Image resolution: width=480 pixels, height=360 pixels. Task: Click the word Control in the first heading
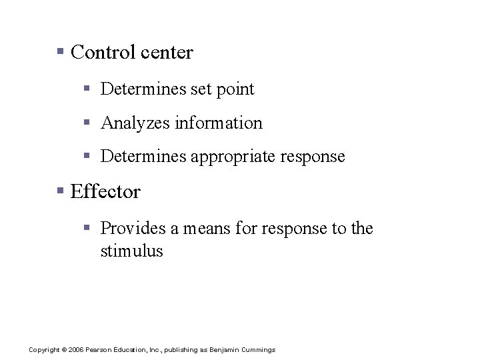click(x=101, y=52)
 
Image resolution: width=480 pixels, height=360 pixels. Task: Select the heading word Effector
click(x=105, y=192)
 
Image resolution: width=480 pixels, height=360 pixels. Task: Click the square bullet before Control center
click(x=60, y=51)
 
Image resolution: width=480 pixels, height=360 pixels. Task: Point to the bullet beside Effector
click(x=60, y=191)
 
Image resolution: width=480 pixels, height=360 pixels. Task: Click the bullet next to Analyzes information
click(x=87, y=122)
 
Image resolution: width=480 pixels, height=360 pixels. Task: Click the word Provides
click(x=133, y=228)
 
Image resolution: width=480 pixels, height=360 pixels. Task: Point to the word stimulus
click(x=131, y=251)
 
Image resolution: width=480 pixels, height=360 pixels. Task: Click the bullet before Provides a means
click(x=87, y=227)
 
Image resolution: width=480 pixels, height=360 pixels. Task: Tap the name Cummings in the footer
click(x=259, y=350)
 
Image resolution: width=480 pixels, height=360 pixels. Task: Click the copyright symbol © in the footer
click(x=64, y=350)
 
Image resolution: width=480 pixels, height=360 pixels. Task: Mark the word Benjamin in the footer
click(x=225, y=350)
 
